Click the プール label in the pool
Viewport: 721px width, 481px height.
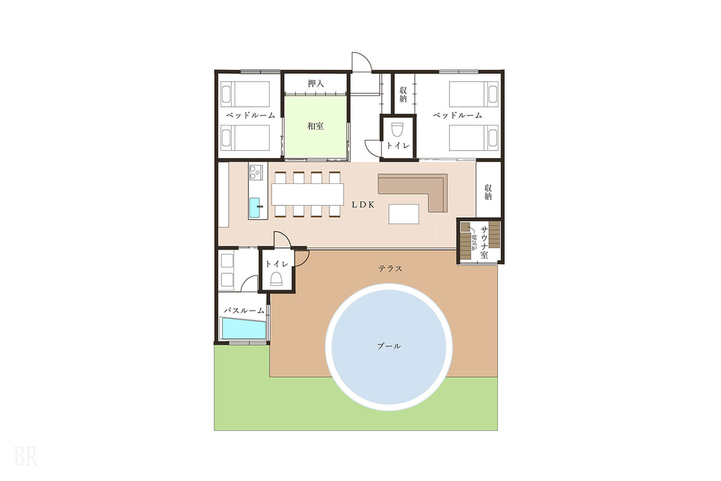point(389,346)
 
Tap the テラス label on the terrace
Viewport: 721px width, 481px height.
point(390,268)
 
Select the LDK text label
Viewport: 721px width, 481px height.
point(363,205)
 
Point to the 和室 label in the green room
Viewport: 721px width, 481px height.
point(315,126)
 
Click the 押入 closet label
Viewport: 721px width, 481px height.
point(315,83)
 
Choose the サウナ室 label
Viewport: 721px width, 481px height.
point(484,242)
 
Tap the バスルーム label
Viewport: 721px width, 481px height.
point(244,311)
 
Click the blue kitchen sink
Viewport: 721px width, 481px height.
point(255,208)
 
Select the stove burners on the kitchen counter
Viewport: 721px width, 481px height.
point(256,173)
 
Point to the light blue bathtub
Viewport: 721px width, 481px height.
point(244,328)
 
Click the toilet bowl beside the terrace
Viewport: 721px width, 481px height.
point(276,279)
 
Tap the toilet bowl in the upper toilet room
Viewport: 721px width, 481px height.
point(398,130)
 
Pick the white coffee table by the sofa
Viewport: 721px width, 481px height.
point(404,214)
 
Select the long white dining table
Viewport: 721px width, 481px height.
point(308,195)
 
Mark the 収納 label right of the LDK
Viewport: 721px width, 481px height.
point(488,192)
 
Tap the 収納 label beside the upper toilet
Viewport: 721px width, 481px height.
point(403,94)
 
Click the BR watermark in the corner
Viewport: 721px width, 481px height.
point(25,456)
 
